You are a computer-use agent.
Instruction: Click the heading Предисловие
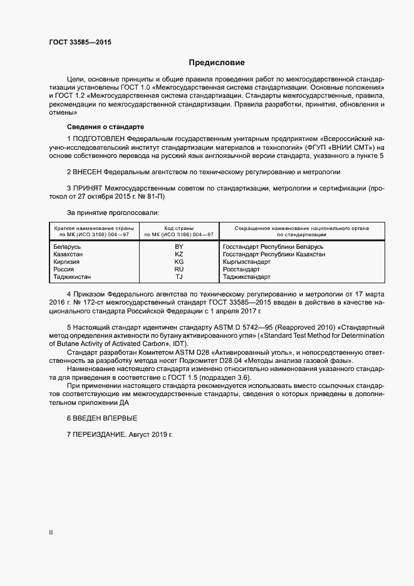tap(217, 63)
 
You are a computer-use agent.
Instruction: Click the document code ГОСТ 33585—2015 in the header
tap(81, 43)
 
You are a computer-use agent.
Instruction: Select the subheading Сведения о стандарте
tap(101, 126)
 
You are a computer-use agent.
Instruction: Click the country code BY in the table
tap(179, 247)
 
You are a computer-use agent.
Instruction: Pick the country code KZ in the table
tap(179, 254)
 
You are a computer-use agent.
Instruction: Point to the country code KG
tap(179, 261)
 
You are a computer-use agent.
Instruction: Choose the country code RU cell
tap(179, 269)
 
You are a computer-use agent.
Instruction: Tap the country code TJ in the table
tap(179, 276)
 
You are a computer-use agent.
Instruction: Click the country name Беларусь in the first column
tap(69, 247)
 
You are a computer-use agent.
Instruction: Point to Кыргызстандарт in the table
tap(249, 261)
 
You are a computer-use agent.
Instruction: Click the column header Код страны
tap(179, 228)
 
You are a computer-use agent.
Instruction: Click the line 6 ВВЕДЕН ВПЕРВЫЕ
tap(101, 417)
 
